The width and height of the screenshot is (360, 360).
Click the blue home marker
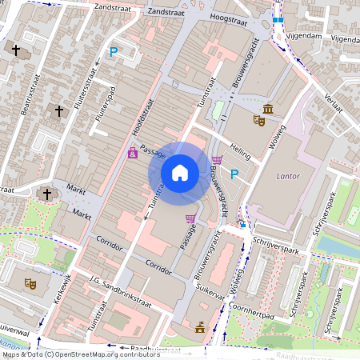(x=180, y=172)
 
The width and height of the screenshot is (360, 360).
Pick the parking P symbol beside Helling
(x=234, y=174)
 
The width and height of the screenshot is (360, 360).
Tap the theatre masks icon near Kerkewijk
(x=30, y=283)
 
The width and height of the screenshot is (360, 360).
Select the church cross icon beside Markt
(x=46, y=194)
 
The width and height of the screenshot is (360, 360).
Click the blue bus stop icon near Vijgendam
(x=278, y=19)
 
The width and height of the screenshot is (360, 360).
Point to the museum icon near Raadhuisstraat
(x=199, y=326)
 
